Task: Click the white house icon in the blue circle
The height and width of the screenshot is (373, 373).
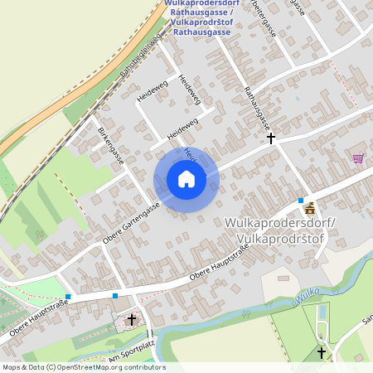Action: click(186, 179)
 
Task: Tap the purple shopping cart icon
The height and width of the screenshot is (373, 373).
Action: click(358, 158)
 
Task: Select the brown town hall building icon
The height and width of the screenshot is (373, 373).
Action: click(310, 207)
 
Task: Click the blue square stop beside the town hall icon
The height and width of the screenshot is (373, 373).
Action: click(301, 201)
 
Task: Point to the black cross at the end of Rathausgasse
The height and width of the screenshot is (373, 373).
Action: click(270, 139)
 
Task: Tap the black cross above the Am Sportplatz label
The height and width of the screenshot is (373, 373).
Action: click(132, 319)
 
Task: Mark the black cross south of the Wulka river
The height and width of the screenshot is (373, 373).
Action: click(322, 353)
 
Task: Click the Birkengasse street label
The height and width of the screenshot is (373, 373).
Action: click(110, 146)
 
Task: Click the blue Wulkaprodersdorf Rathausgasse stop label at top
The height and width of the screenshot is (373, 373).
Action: click(202, 18)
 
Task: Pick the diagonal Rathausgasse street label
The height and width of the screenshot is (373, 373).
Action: click(257, 108)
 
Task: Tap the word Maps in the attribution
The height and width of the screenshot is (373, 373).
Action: click(12, 367)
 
